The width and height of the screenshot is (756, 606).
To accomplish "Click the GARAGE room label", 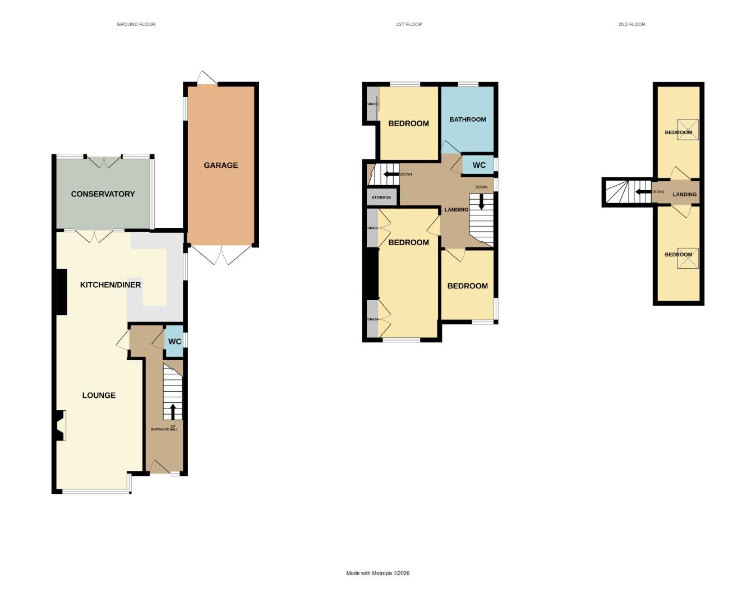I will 220,165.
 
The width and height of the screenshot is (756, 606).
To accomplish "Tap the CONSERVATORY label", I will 103,194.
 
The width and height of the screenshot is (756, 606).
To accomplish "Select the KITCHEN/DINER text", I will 110,284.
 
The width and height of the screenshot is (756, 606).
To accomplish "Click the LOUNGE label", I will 99,395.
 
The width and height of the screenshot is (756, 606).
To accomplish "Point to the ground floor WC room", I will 174,341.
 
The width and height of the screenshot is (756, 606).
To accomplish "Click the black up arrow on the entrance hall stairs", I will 173,411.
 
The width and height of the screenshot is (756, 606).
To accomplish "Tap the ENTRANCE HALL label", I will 164,429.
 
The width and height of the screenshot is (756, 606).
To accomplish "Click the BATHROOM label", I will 467,119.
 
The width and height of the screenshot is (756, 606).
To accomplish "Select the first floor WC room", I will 478,165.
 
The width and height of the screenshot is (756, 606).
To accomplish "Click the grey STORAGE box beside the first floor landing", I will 381,197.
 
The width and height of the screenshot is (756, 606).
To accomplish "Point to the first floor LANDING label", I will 456,209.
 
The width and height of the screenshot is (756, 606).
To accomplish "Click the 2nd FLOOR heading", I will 631,24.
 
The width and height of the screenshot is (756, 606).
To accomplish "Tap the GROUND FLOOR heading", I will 136,24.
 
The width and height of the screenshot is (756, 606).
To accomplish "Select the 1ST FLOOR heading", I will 408,24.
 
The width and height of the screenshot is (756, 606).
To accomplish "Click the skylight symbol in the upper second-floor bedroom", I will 687,128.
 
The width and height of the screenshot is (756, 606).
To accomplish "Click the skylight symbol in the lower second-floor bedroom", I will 687,258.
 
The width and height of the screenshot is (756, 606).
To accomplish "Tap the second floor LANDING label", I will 684,194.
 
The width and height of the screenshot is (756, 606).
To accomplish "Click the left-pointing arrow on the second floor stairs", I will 642,192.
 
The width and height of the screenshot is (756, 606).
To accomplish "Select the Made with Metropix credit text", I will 377,573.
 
